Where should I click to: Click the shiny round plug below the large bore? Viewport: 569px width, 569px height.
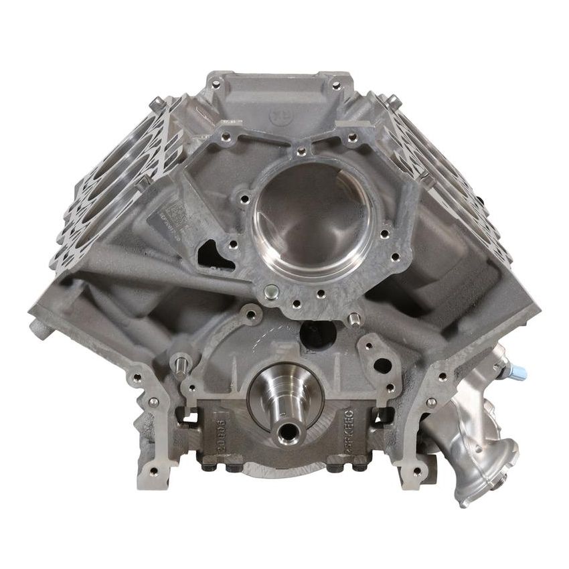coord(271,292)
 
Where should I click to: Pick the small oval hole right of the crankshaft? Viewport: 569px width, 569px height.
coord(382,365)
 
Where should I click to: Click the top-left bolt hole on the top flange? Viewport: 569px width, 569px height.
coord(216,84)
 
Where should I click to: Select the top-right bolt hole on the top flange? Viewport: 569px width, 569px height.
coord(336,85)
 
